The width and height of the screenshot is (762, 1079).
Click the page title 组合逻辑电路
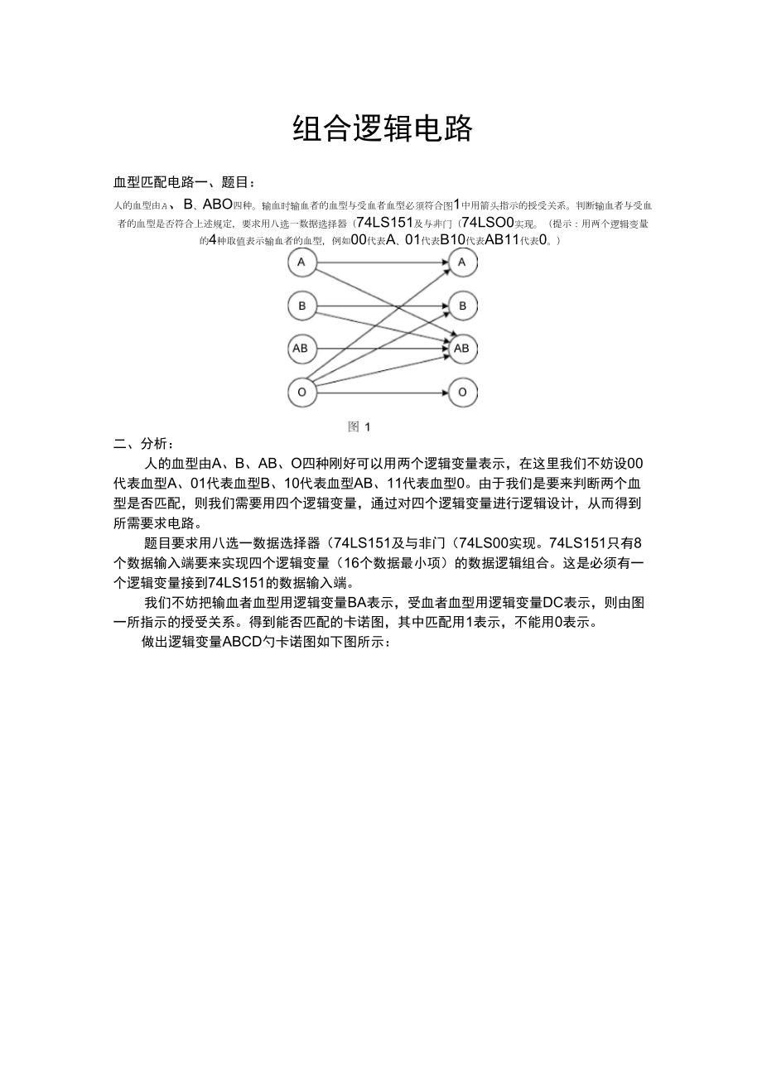click(383, 128)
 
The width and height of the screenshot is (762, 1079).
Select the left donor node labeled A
click(301, 263)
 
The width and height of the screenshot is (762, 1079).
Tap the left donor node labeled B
click(301, 306)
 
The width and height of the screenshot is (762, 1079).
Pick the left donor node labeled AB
click(301, 349)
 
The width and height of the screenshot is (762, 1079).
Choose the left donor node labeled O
click(301, 393)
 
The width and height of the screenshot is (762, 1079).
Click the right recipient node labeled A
click(462, 263)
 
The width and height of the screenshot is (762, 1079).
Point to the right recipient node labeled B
click(462, 306)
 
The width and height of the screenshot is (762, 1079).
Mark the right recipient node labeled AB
click(461, 349)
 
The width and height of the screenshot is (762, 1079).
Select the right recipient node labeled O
click(462, 393)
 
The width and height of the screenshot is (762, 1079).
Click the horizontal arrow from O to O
click(381, 393)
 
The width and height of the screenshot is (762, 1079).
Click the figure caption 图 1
click(359, 426)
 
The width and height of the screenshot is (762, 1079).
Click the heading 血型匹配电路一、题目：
click(185, 182)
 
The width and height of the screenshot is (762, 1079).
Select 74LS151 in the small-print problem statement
click(383, 222)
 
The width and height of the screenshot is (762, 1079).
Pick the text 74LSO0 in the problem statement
click(488, 222)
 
